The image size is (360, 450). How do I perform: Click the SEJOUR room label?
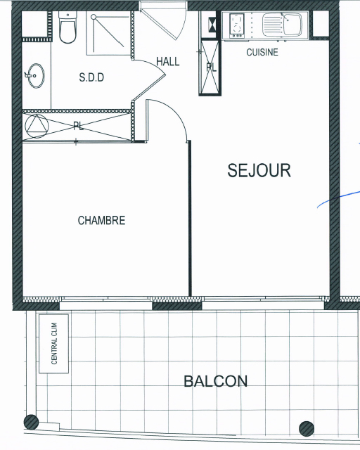(x=259, y=170)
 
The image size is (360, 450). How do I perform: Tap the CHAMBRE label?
(x=102, y=220)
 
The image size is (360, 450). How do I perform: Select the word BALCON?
(x=215, y=381)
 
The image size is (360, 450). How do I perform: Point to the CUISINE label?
(x=262, y=52)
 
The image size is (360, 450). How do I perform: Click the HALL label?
(x=168, y=61)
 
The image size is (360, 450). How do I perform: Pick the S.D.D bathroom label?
(x=91, y=77)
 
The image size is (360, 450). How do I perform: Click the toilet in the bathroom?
(x=67, y=27)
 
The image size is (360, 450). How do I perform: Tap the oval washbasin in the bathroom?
(x=36, y=76)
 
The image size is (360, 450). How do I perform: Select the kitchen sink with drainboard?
(x=282, y=25)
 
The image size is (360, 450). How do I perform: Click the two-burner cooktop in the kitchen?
(x=237, y=26)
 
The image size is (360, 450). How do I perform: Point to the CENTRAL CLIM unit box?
(x=53, y=344)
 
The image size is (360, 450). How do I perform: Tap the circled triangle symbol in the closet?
(x=37, y=126)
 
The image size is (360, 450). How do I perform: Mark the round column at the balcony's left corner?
(x=31, y=422)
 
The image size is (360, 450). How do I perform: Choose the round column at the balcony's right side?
(x=307, y=429)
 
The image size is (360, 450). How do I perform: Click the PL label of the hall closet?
(x=212, y=67)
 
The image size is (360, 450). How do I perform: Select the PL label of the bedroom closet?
(x=78, y=126)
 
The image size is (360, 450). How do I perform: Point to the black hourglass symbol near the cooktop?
(x=212, y=24)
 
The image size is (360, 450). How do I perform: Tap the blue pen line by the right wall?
(x=338, y=198)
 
